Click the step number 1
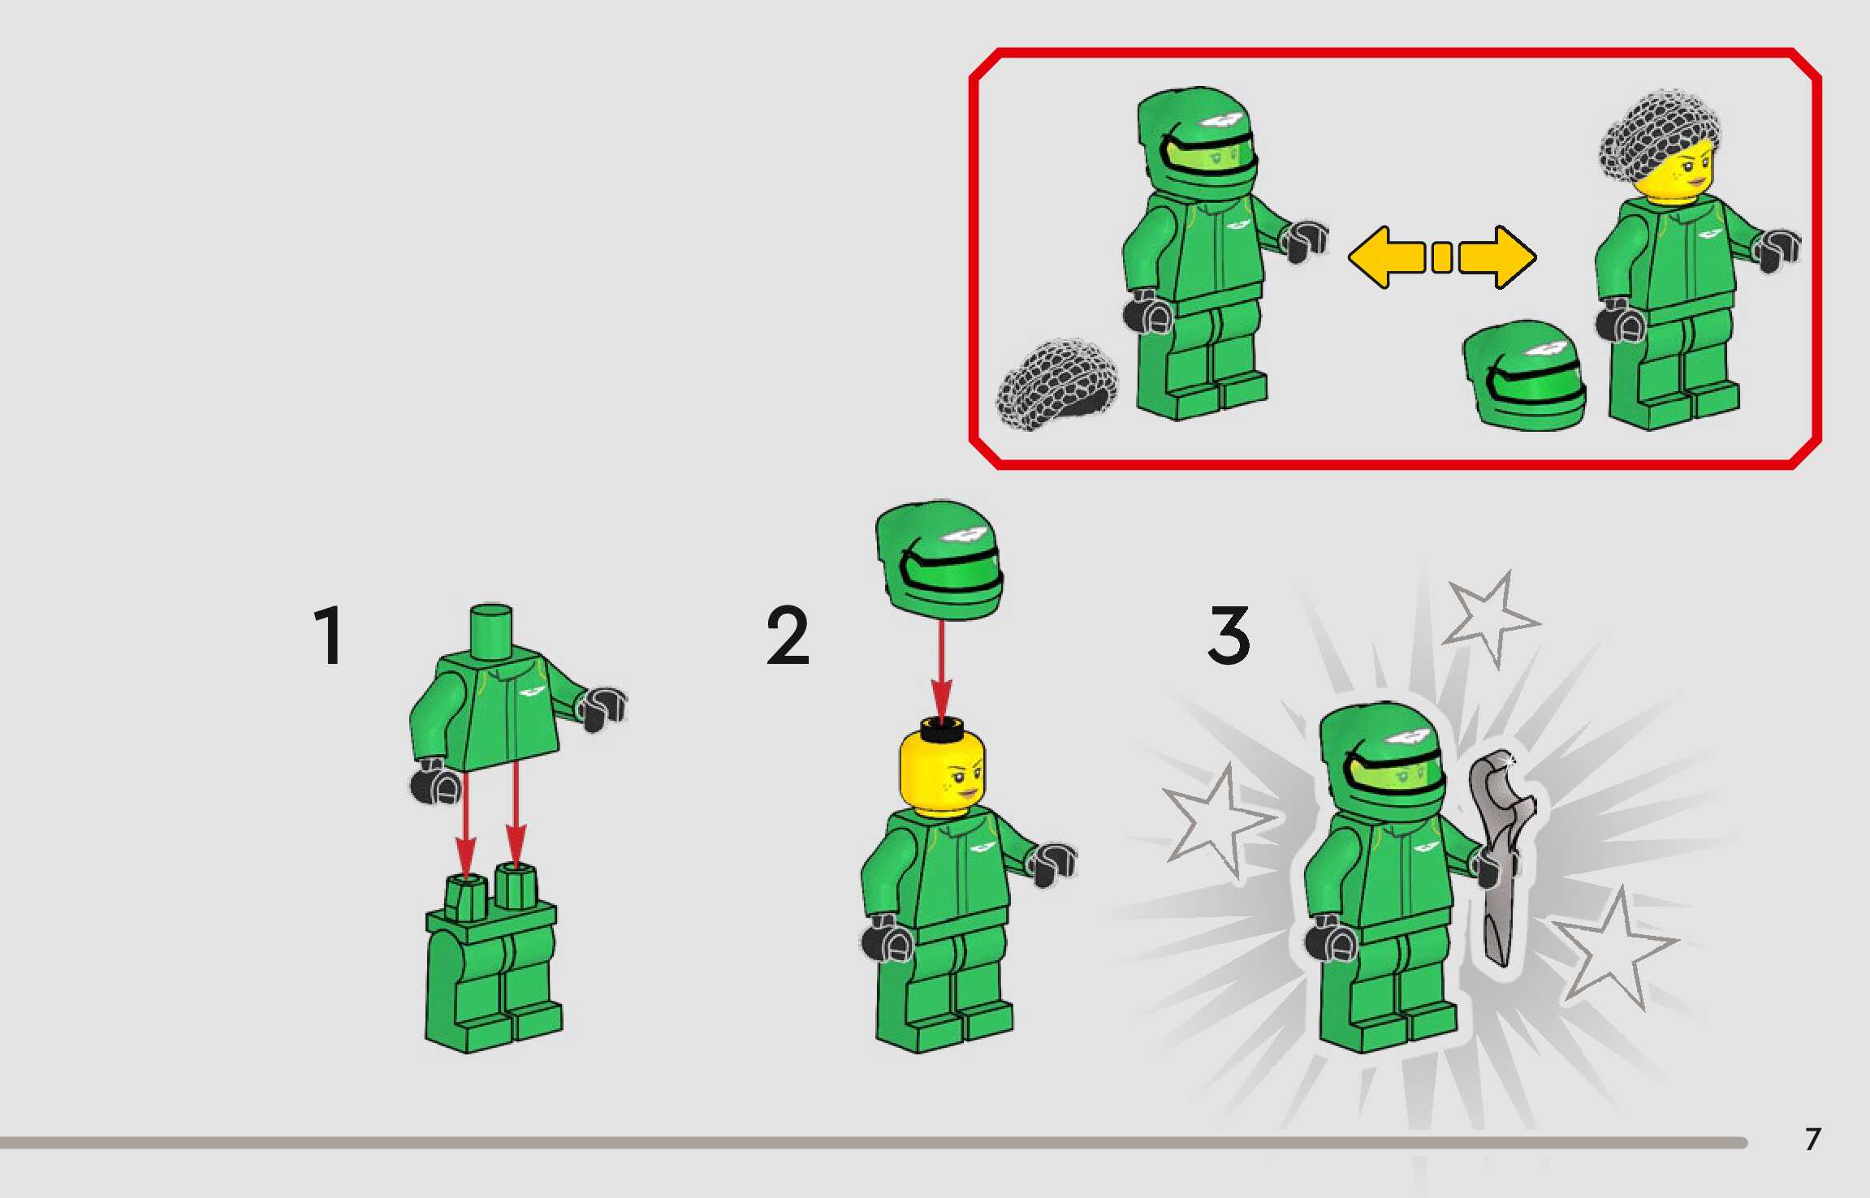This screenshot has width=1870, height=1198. pyautogui.click(x=329, y=636)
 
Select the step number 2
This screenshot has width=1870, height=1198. pyautogui.click(x=788, y=636)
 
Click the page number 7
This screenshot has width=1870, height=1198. pyautogui.click(x=1812, y=1140)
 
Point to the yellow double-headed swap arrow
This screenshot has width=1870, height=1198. pyautogui.click(x=1441, y=257)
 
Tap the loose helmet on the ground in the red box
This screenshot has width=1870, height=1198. pyautogui.click(x=1524, y=375)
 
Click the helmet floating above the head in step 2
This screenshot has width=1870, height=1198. pyautogui.click(x=939, y=560)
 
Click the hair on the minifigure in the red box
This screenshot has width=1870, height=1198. pyautogui.click(x=1656, y=138)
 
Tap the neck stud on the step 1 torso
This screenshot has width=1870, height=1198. pyautogui.click(x=491, y=631)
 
